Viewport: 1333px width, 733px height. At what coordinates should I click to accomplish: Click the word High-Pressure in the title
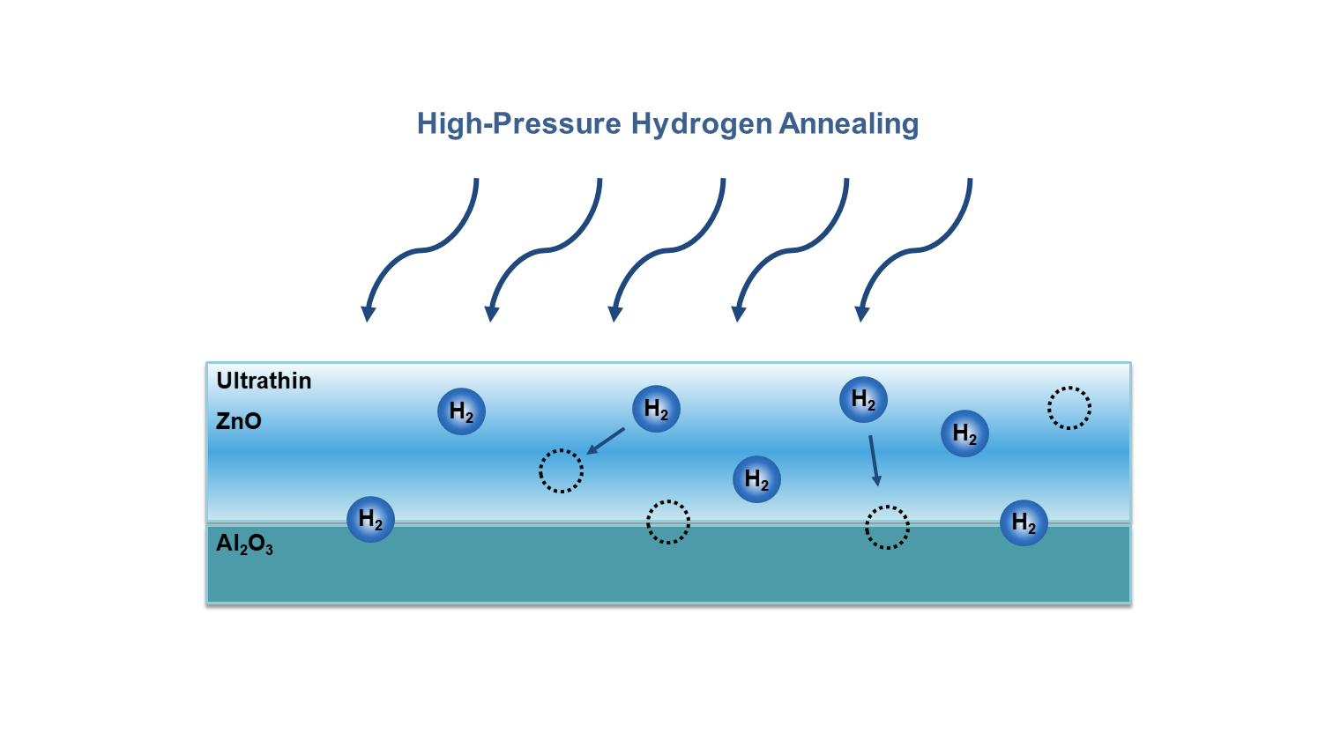pos(518,123)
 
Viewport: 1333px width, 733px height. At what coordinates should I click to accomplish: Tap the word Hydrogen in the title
pos(701,123)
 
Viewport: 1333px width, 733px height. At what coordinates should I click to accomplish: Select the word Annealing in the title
pos(848,123)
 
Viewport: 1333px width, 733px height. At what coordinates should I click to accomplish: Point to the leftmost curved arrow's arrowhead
pos(369,313)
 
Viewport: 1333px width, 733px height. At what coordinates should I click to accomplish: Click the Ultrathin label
pos(264,381)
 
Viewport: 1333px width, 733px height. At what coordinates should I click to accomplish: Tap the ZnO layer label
pos(239,421)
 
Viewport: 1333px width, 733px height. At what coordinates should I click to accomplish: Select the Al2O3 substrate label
pos(244,544)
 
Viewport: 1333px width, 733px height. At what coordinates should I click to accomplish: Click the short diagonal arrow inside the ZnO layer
pos(606,441)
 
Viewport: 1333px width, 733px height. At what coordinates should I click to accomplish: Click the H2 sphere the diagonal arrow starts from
pos(656,409)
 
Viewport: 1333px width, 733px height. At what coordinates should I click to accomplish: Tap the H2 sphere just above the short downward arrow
pos(863,399)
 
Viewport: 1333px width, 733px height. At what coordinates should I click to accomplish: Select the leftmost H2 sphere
pos(370,520)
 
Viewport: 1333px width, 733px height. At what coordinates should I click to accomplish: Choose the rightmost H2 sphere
pos(1024,523)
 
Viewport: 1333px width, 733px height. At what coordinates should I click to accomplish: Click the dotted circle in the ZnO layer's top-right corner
pos(1069,408)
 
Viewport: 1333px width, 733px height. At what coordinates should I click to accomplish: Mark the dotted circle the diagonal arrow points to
pos(561,470)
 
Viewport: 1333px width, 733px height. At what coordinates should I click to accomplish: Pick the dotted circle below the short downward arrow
pos(887,528)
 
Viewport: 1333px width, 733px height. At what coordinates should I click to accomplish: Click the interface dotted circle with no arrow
pos(668,522)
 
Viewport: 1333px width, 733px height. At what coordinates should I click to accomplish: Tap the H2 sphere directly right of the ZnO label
pos(461,411)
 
